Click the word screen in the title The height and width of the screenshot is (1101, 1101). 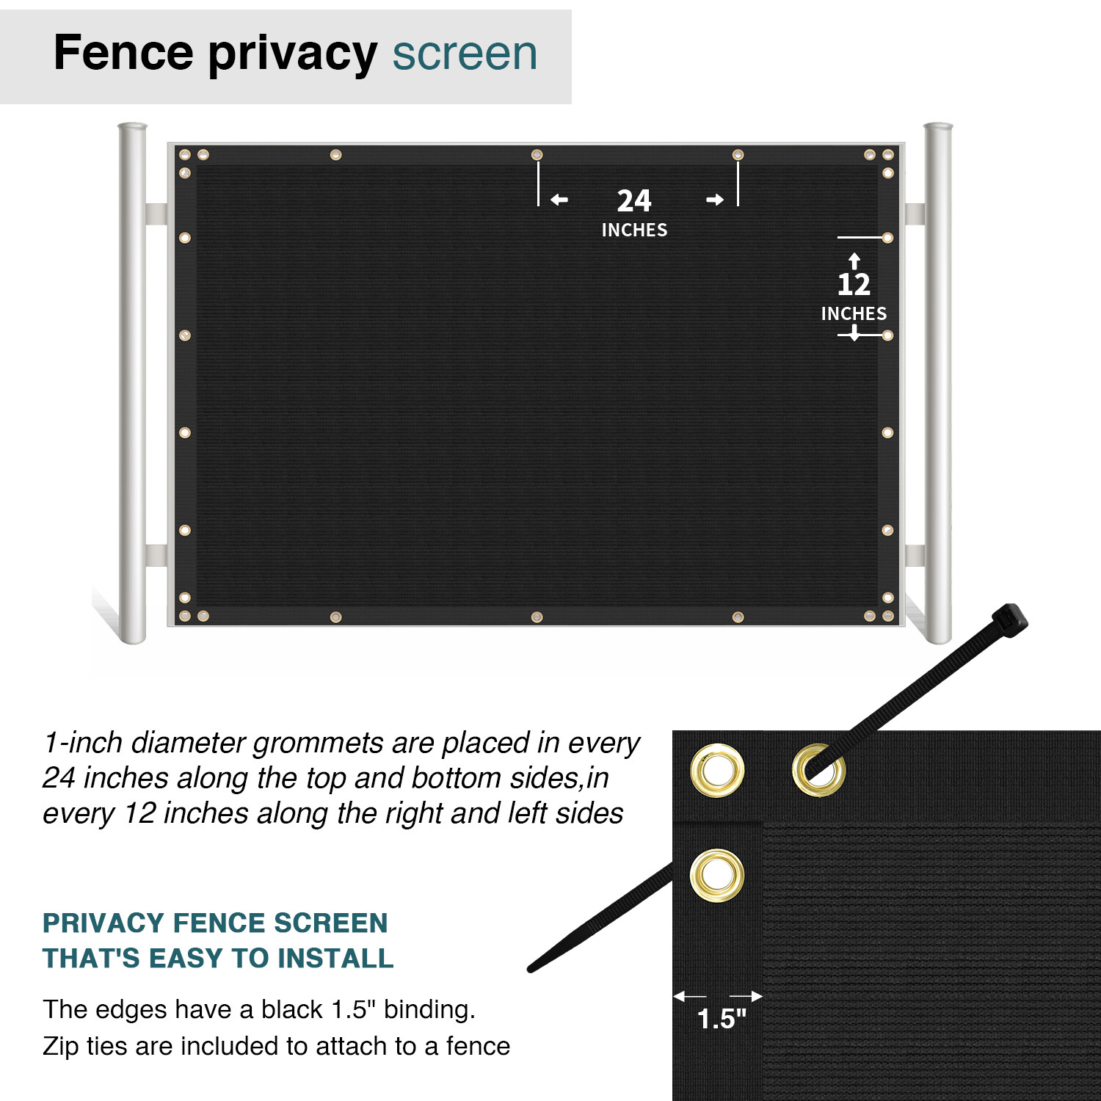coord(465,54)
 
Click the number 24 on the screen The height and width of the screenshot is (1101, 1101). coord(633,200)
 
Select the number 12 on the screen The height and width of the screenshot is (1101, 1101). coord(854,284)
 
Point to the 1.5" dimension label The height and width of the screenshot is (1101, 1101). coord(721,1019)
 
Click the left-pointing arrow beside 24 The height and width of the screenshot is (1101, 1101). coord(559,200)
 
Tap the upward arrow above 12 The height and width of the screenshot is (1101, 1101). coord(854,261)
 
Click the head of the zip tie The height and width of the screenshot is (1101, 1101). coord(1011,619)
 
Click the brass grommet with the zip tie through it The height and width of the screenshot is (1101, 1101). coord(818,770)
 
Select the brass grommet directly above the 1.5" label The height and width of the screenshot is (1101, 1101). coord(717,875)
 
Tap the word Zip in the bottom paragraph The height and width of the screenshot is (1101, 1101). coord(60,1046)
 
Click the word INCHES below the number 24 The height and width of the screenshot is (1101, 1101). coord(634,230)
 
